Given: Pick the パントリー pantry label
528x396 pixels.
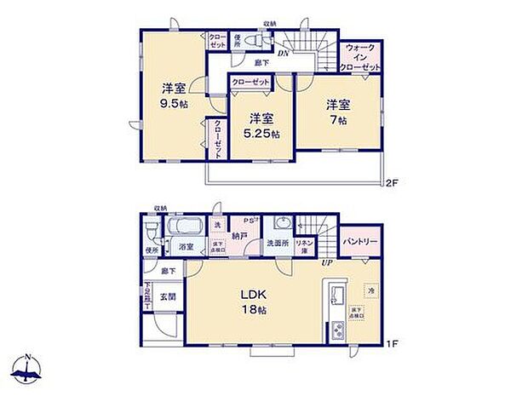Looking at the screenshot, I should click(361, 242).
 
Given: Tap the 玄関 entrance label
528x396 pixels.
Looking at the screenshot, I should click(168, 297).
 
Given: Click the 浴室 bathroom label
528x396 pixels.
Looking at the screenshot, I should click(186, 246).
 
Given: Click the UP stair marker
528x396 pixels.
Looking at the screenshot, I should click(324, 262).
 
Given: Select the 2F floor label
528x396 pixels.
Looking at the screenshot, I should click(391, 182).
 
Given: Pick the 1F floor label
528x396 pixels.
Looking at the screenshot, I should click(391, 343).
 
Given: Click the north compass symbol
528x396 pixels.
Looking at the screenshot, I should click(30, 369).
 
